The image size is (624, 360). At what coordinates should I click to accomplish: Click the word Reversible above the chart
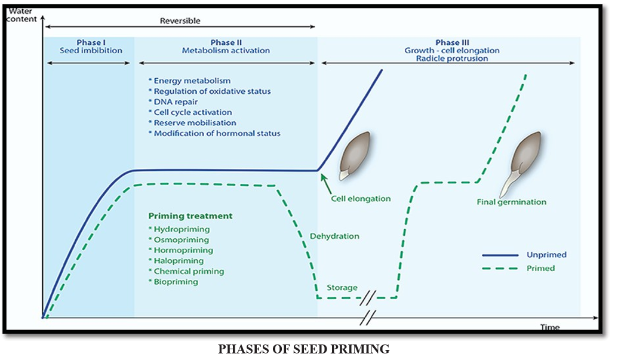tap(180, 21)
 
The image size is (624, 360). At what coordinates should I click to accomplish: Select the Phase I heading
tap(91, 42)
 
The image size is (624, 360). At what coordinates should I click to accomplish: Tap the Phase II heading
tap(226, 42)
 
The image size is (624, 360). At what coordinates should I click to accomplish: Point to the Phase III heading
tap(452, 42)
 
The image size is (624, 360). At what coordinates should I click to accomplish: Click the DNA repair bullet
tap(173, 102)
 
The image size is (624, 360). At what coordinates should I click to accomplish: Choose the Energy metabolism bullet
tap(189, 81)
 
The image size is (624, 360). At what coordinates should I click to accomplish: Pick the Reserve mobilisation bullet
tap(192, 123)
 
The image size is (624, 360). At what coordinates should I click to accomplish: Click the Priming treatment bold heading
tap(190, 216)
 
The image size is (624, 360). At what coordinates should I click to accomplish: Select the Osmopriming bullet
tap(179, 240)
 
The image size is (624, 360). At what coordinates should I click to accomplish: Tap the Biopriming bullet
tap(173, 282)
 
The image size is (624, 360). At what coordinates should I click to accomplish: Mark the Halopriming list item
tap(176, 261)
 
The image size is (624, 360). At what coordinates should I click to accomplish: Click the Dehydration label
tap(334, 236)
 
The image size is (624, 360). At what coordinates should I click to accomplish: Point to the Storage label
tap(342, 288)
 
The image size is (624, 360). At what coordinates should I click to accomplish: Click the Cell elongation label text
tap(361, 199)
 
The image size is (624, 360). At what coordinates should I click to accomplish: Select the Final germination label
tap(511, 202)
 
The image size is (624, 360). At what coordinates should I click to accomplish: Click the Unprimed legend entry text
tap(546, 255)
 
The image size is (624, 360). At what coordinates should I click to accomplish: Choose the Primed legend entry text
tap(540, 269)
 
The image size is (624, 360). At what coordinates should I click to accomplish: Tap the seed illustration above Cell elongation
tap(354, 156)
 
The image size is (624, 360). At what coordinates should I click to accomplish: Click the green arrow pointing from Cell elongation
tap(326, 184)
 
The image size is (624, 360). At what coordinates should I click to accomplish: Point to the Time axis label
tap(549, 327)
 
